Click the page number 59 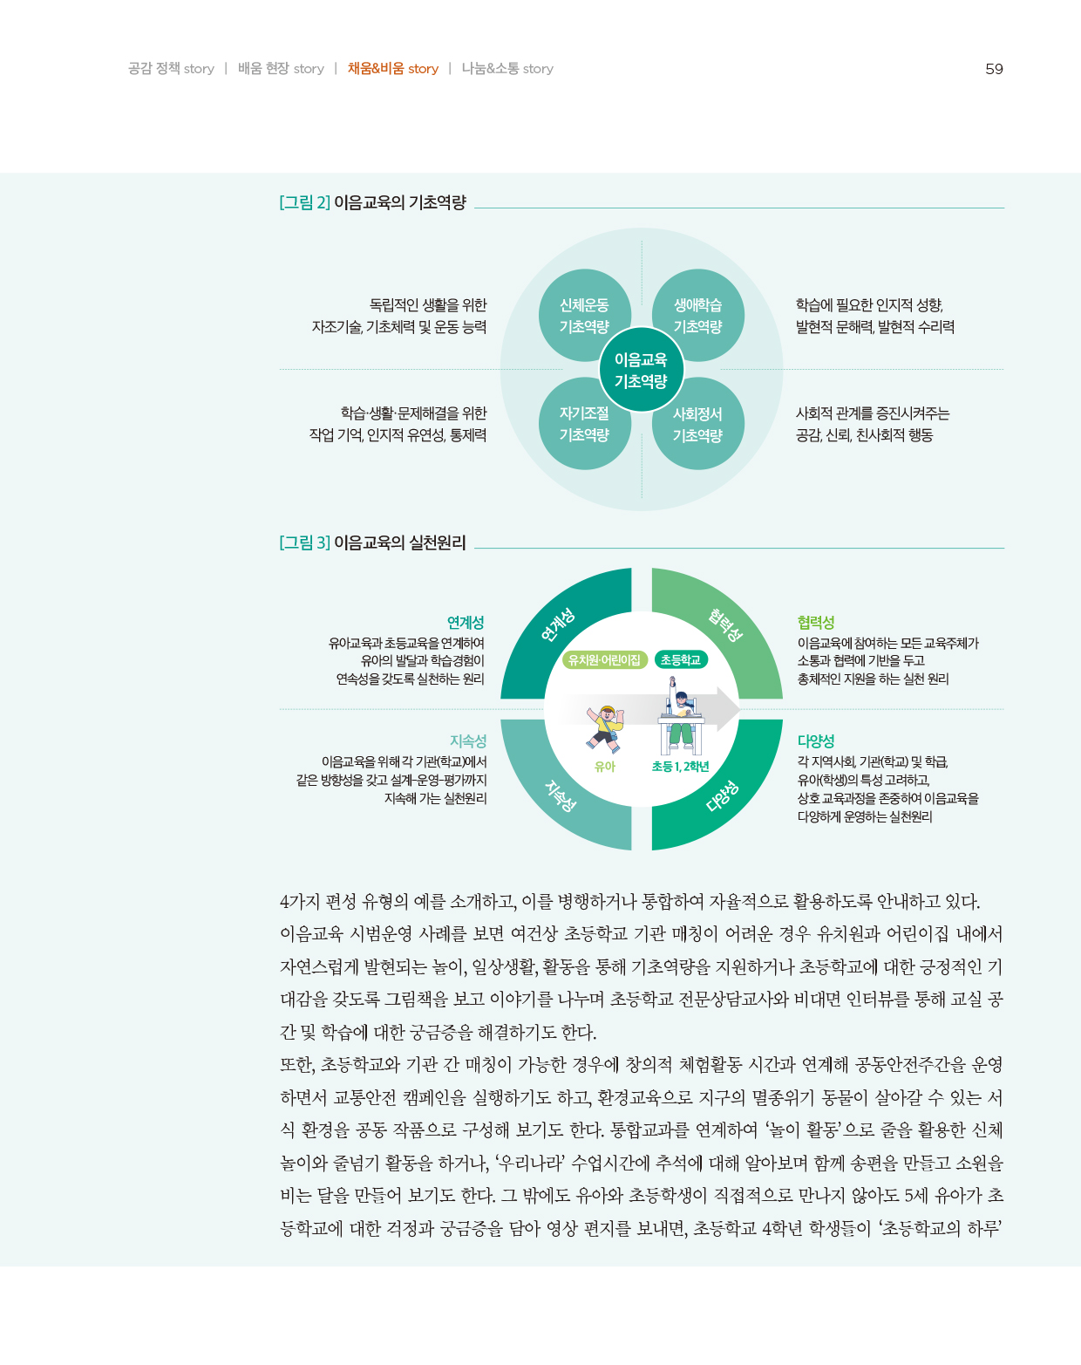coord(994,69)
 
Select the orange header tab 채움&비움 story coord(392,69)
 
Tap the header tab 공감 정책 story coord(171,69)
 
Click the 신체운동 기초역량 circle coord(584,315)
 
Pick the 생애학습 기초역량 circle coord(697,315)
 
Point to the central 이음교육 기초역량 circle coord(641,370)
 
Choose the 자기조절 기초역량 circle coord(584,424)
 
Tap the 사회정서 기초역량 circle coord(697,424)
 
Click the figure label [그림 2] coord(304,202)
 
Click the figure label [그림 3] coord(304,543)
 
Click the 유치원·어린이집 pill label coord(604,660)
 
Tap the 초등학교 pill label coord(680,660)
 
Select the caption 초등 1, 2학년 coord(680,767)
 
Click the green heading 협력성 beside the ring coord(816,622)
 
